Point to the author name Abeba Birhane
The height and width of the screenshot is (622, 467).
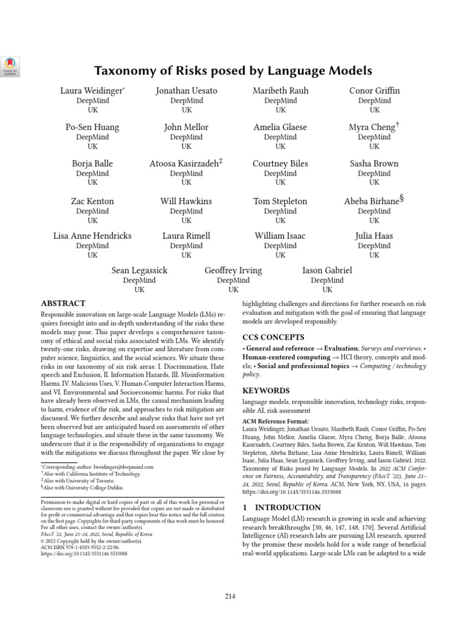point(372,201)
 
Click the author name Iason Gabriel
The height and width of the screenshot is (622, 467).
point(327,270)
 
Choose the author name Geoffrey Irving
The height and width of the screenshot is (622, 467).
point(233,270)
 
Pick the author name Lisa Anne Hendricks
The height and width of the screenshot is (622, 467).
point(92,236)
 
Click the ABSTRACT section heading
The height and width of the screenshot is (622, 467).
point(63,303)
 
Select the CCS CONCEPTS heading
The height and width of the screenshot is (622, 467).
point(274,337)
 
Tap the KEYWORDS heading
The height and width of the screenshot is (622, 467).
point(266,391)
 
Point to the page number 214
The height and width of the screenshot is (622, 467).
point(229,596)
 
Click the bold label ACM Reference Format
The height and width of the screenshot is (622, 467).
point(275,421)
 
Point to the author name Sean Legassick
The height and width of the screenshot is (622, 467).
point(139,270)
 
